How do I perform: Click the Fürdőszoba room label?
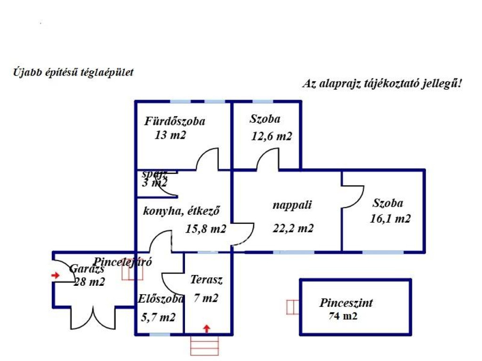(175, 121)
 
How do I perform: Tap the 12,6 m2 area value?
(271, 136)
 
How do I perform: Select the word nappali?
(292, 205)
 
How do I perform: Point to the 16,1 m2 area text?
(391, 218)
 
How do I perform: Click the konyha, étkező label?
(182, 211)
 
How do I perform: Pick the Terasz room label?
(206, 280)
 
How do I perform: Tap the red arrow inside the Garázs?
(56, 275)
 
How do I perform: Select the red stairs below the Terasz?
(205, 346)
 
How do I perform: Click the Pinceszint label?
(346, 303)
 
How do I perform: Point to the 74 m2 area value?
(343, 316)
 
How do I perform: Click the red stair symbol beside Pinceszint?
(292, 307)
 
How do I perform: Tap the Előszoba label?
(160, 299)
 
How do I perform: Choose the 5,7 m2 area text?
(158, 317)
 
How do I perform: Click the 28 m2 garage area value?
(89, 282)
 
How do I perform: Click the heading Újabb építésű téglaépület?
(73, 72)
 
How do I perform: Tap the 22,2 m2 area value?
(293, 228)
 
